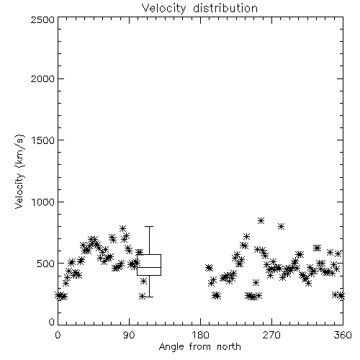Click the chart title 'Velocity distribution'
[199, 8]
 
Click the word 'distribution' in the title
[225, 8]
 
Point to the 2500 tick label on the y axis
[42, 19]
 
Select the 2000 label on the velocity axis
[42, 78]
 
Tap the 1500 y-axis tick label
[42, 140]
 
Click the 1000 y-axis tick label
[42, 202]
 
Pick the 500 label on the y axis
[46, 264]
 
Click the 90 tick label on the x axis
[129, 335]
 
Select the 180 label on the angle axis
[200, 335]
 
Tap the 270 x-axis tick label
[271, 335]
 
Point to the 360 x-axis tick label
[343, 335]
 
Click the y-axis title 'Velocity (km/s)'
[19, 171]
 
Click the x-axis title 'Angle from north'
[199, 347]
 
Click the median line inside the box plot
[149, 267]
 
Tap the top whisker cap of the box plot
[149, 226]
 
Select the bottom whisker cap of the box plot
[149, 297]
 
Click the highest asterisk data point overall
[261, 220]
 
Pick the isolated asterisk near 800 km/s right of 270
[281, 226]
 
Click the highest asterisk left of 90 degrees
[123, 228]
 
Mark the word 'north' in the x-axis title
[229, 347]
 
